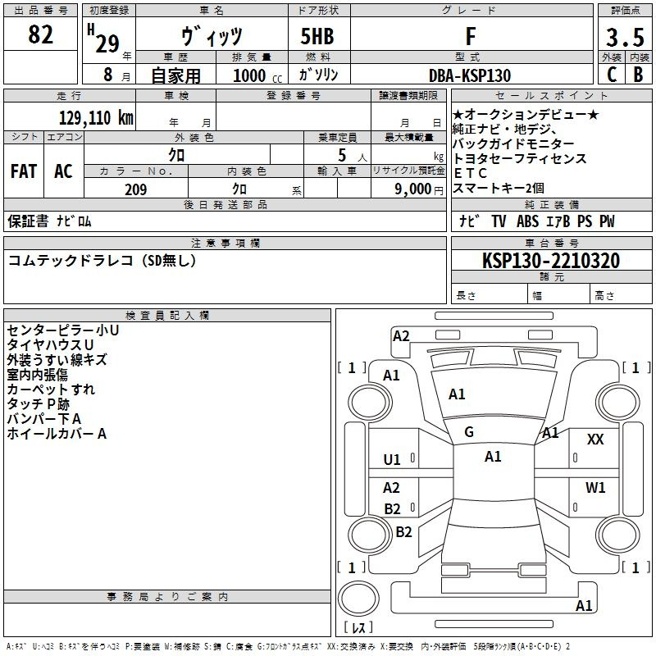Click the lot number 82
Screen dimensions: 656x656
point(41,35)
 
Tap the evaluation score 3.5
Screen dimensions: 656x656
point(624,37)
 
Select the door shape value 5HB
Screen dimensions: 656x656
point(317,36)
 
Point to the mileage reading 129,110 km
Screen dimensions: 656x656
point(96,117)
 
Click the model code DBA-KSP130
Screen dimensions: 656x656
point(470,75)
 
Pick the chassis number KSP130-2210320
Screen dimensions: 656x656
point(550,261)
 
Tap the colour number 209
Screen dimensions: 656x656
point(135,190)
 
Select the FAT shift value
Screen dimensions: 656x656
point(23,171)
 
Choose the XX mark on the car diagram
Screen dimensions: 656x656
point(595,440)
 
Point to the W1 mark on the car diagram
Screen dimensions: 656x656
point(595,488)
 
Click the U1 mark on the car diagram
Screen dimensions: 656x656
point(392,460)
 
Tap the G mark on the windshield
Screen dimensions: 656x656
point(469,432)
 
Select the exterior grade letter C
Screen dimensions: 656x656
point(612,75)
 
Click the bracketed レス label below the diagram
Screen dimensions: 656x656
point(358,629)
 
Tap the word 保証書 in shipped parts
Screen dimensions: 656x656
point(28,221)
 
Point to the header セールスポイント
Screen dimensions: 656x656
point(531,96)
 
